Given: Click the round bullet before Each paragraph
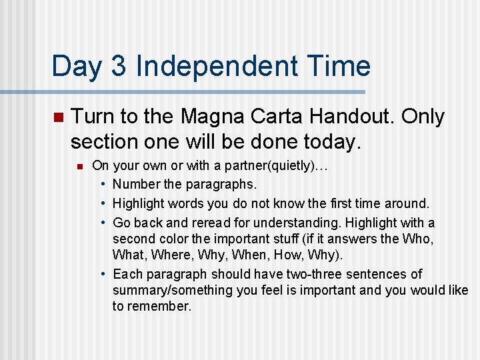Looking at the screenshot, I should coord(104,274).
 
